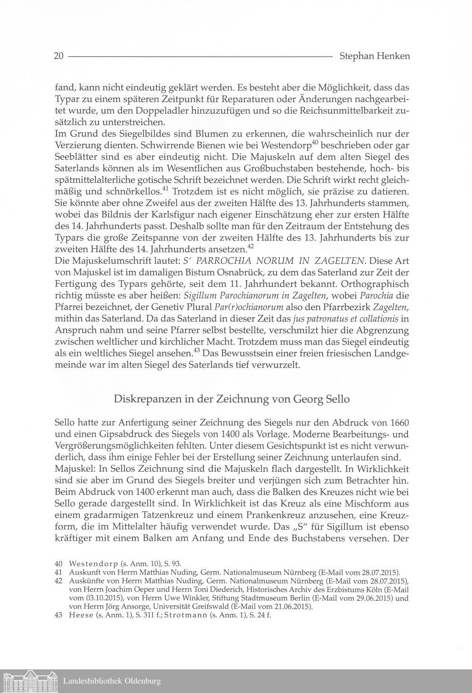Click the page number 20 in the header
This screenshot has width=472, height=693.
click(59, 56)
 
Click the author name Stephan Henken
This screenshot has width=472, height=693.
click(374, 56)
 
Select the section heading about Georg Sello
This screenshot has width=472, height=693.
click(232, 399)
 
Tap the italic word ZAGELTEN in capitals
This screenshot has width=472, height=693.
click(336, 261)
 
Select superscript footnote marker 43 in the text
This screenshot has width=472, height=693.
click(197, 350)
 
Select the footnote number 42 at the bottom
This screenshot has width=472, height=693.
click(59, 581)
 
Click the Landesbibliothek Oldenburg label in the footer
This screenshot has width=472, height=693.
click(112, 681)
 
